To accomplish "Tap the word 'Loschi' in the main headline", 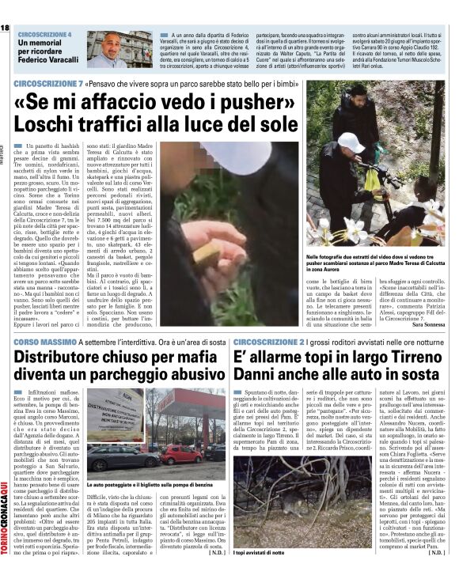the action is pyautogui.click(x=48, y=127).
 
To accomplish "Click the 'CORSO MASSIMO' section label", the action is pyautogui.click(x=40, y=341).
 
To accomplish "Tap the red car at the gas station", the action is pyautogui.click(x=181, y=453).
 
